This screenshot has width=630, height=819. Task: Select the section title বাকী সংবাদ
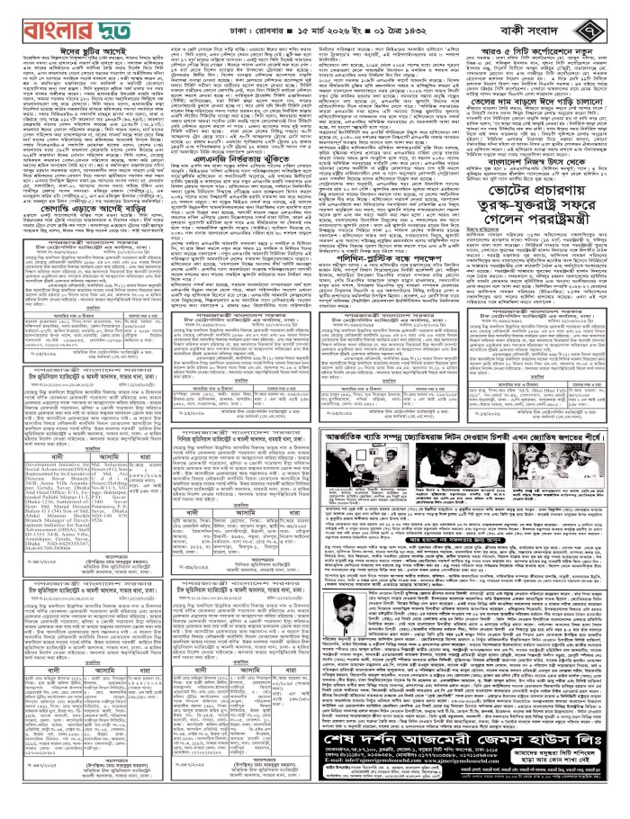click(545, 17)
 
